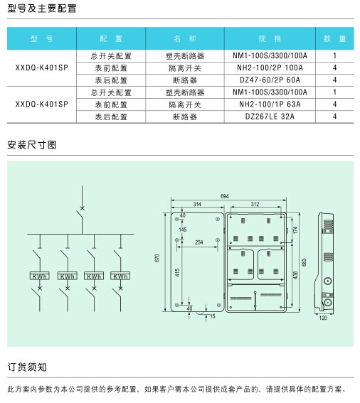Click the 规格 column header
(270, 38)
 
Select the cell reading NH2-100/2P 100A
(270, 68)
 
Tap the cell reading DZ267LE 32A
(270, 117)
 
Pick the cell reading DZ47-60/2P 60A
(270, 80)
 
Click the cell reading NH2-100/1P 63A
(270, 104)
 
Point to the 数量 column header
(334, 38)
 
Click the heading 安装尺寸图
(31, 145)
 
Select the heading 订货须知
(27, 367)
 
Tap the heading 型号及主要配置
(42, 9)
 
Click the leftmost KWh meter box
(40, 276)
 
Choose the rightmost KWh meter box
(120, 276)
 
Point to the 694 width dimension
(224, 196)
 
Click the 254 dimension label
(199, 242)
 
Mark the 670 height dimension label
(157, 258)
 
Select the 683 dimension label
(304, 262)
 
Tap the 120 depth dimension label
(323, 318)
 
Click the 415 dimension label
(177, 273)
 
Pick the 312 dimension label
(255, 204)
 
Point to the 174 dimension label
(295, 230)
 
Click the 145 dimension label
(182, 230)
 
